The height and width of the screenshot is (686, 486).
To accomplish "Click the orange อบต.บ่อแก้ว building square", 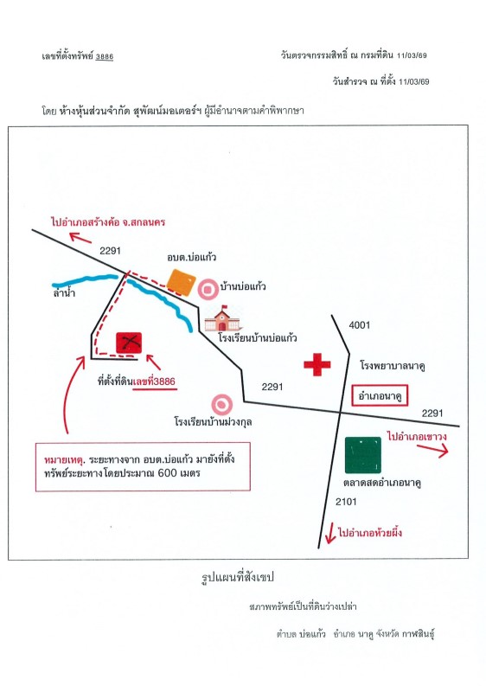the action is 181,283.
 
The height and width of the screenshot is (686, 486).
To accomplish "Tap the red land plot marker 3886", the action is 129,343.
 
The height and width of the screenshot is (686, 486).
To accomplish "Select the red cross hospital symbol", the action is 317,364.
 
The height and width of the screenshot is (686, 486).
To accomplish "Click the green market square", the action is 362,455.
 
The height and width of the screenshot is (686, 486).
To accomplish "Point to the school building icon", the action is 222,318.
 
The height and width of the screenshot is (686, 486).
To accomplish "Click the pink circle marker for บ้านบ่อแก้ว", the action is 208,289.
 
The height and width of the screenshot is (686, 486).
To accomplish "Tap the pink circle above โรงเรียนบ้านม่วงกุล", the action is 221,405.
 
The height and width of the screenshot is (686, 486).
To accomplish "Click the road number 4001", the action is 360,325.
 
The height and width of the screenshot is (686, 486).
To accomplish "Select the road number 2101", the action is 346,502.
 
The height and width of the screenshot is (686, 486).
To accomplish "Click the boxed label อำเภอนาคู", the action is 380,396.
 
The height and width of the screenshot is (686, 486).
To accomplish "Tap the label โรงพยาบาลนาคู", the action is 393,365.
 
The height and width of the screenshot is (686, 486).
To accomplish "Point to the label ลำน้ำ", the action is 64,292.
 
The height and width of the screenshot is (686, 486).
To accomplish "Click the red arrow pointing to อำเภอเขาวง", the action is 432,450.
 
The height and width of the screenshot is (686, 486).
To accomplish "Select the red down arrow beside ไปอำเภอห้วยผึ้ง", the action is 329,533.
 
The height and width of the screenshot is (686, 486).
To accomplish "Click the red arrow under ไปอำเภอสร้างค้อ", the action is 80,238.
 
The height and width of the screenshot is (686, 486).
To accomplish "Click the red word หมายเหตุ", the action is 63,459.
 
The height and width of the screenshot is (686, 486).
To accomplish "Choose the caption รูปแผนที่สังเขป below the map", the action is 238,578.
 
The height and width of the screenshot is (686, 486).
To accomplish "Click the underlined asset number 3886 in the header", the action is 105,56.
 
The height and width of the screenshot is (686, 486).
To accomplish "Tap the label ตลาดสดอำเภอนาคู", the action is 382,483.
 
